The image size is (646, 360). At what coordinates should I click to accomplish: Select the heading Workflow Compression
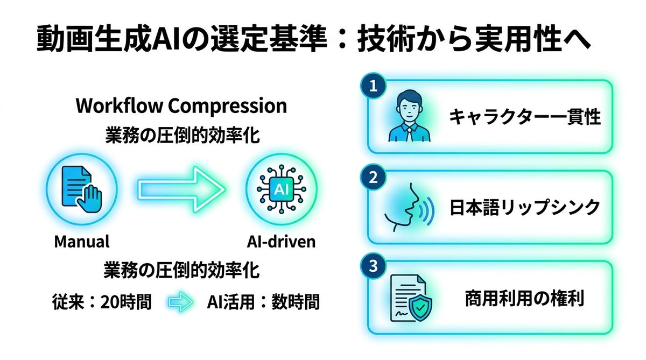click(181, 106)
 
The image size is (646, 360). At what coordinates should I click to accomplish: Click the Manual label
click(82, 241)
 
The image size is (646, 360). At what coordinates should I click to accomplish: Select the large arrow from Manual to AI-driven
click(181, 188)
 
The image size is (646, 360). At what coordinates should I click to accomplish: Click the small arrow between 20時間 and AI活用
click(180, 302)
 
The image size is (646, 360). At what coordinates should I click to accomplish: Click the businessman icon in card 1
click(406, 117)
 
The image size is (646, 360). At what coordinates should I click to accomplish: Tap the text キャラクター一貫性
click(525, 117)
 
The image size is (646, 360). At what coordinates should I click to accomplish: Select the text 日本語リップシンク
click(525, 207)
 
